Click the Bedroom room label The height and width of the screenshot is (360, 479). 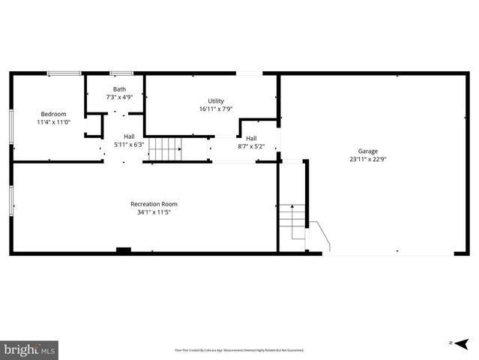pyautogui.click(x=53, y=114)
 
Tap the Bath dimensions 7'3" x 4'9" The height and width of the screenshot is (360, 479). pyautogui.click(x=120, y=97)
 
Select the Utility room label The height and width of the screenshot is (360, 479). pyautogui.click(x=216, y=100)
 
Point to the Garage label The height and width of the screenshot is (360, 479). pyautogui.click(x=367, y=151)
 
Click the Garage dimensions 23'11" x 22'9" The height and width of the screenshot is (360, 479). pyautogui.click(x=367, y=159)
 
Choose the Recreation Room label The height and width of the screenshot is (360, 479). pyautogui.click(x=154, y=204)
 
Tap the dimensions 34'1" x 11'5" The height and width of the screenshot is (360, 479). pyautogui.click(x=154, y=212)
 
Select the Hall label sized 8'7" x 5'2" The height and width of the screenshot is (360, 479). pyautogui.click(x=252, y=138)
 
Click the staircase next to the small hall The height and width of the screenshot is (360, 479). pyautogui.click(x=165, y=149)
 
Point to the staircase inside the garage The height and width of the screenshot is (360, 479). pyautogui.click(x=293, y=222)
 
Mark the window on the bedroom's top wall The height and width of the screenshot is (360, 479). pyautogui.click(x=64, y=73)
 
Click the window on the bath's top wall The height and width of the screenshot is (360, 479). pyautogui.click(x=121, y=73)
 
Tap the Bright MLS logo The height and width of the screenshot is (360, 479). pyautogui.click(x=29, y=349)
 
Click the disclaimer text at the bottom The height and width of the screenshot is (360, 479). pyautogui.click(x=239, y=350)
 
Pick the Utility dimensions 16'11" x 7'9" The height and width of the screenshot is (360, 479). pyautogui.click(x=216, y=109)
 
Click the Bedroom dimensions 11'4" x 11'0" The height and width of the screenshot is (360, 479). pyautogui.click(x=53, y=122)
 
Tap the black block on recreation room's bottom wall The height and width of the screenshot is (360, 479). pyautogui.click(x=124, y=250)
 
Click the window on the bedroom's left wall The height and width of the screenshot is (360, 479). pyautogui.click(x=10, y=127)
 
